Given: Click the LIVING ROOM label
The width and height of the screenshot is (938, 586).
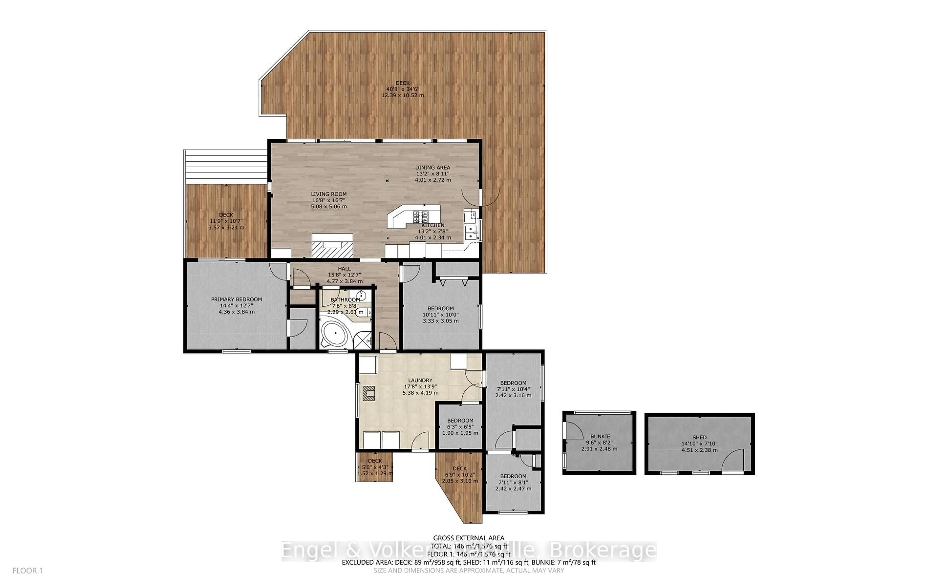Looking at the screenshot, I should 329,194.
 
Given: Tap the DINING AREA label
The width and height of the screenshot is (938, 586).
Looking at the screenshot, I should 433,168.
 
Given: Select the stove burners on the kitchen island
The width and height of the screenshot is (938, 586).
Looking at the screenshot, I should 420,215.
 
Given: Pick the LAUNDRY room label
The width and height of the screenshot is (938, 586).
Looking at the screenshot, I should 420,381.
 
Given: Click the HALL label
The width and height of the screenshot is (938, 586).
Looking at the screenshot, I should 344,269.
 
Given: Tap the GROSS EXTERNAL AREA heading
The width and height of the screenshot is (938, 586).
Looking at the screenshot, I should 468,538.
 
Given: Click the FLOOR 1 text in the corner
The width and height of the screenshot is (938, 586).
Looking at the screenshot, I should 28,571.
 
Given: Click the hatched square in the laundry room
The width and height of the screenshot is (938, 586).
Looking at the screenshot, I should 369,393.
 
